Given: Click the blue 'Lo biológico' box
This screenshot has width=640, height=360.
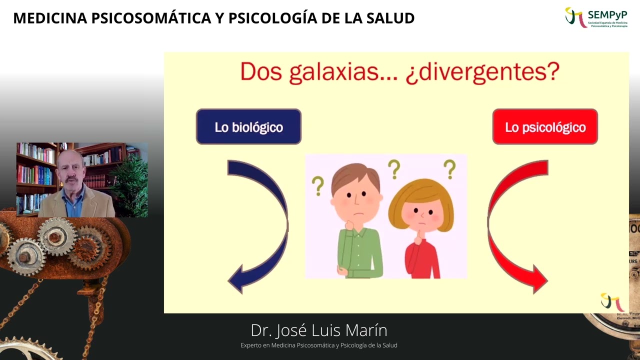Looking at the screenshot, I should pos(248,127).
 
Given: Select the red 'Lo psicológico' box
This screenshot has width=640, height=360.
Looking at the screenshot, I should pos(545,127).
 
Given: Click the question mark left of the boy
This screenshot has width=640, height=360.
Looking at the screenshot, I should pos(317,185).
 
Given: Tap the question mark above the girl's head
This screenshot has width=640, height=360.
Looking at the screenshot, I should pos(449,169).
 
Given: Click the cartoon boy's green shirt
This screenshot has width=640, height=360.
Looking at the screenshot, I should pos(360,252).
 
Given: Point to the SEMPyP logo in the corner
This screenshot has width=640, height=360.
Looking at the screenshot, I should pos(596,17).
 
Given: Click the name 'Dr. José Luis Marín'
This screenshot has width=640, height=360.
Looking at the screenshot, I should pos(319,330).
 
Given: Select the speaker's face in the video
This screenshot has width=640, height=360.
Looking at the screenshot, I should pos(70,172).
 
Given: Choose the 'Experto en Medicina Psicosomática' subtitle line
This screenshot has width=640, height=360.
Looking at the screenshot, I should pos(319,345).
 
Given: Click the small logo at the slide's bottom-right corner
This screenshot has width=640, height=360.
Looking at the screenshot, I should pos(611,301).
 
